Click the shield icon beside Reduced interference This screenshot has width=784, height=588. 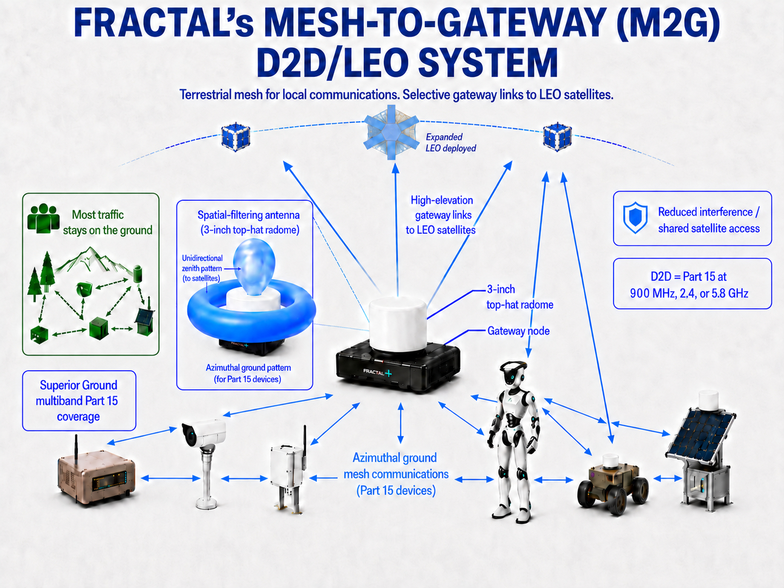coord(635,218)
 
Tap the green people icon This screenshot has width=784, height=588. coord(43,218)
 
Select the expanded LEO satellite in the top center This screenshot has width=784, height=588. coord(391,133)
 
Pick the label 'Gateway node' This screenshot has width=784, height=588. coord(518,331)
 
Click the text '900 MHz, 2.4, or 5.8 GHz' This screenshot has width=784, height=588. coord(689,293)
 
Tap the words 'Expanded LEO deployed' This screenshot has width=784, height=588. coord(450,142)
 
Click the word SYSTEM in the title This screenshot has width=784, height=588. coord(487,63)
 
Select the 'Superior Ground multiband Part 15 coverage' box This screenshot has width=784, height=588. coord(79,401)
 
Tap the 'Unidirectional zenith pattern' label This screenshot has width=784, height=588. coord(202,268)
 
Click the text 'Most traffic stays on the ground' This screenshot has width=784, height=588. coord(108,223)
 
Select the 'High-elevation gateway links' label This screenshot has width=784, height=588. coord(441,215)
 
